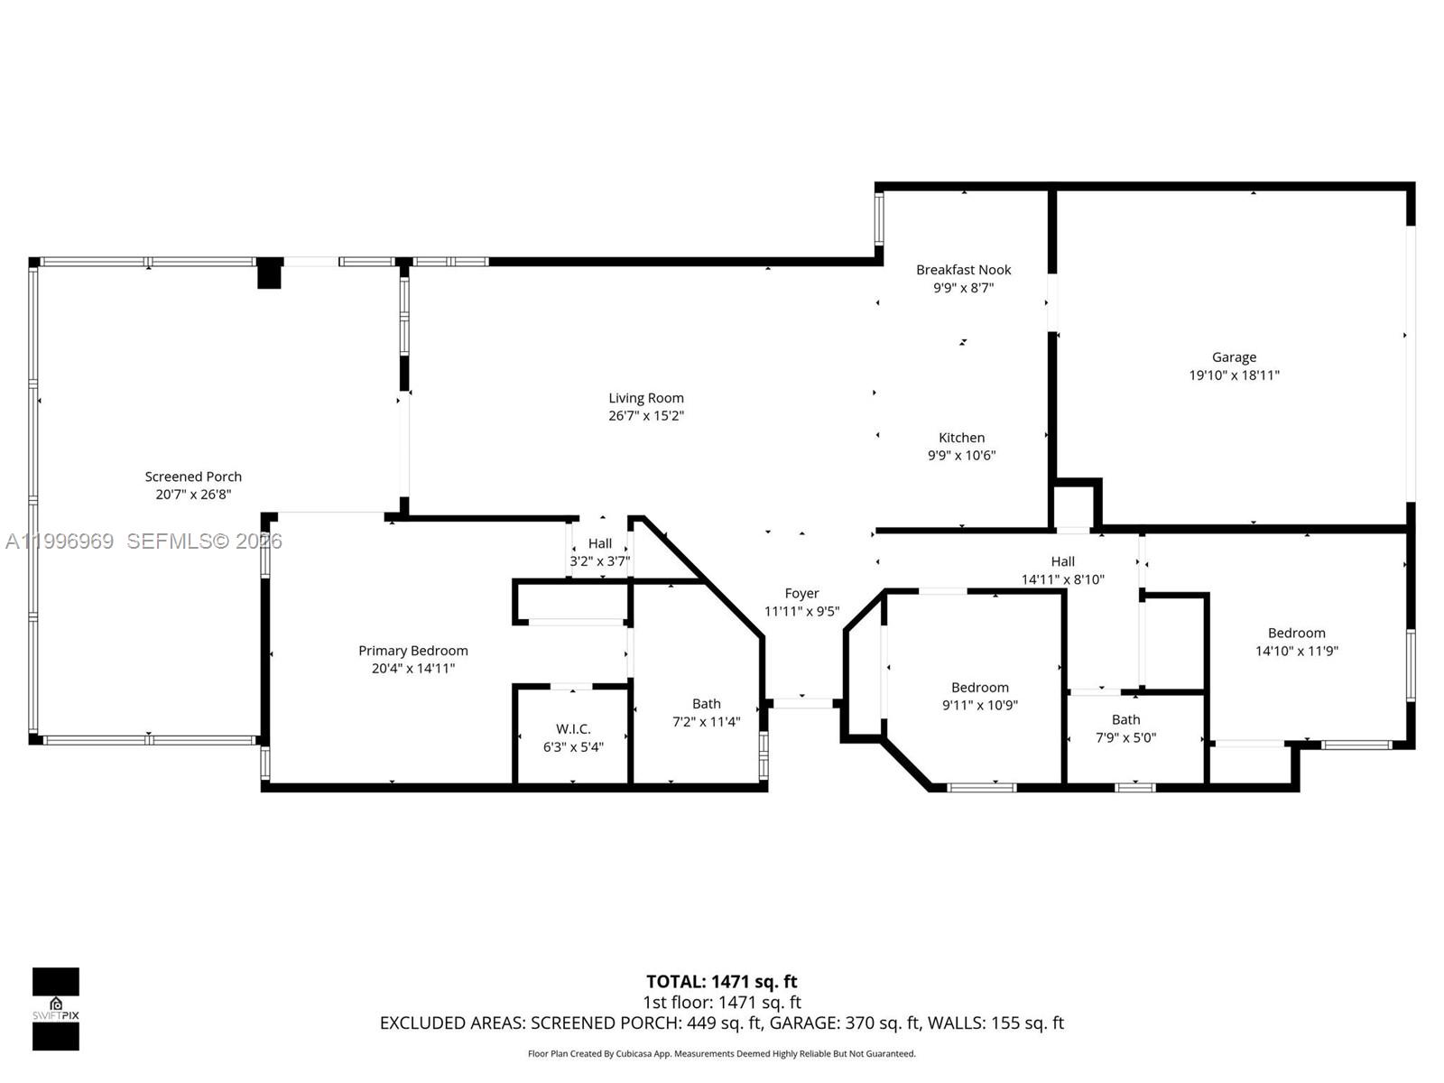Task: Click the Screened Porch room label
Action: point(193,477)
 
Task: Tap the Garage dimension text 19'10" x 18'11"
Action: point(1234,375)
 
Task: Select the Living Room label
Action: point(645,398)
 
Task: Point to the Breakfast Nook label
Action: point(963,270)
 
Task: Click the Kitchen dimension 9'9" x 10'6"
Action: point(961,456)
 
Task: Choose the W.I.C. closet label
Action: point(573,729)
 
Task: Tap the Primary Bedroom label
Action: point(413,651)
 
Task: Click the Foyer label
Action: point(801,594)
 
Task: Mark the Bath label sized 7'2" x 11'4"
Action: point(707,704)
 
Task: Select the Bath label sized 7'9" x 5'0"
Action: point(1125,720)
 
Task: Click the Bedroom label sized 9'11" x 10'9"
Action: point(979,688)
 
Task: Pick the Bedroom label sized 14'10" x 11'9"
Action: point(1296,634)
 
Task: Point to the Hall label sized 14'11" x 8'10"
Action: point(1062,562)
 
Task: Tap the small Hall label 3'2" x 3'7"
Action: point(600,544)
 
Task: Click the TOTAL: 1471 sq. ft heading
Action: point(721,982)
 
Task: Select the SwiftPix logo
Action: point(56,1008)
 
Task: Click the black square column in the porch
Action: point(269,273)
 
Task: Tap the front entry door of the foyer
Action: point(802,702)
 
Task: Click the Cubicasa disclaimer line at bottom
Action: point(721,1054)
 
